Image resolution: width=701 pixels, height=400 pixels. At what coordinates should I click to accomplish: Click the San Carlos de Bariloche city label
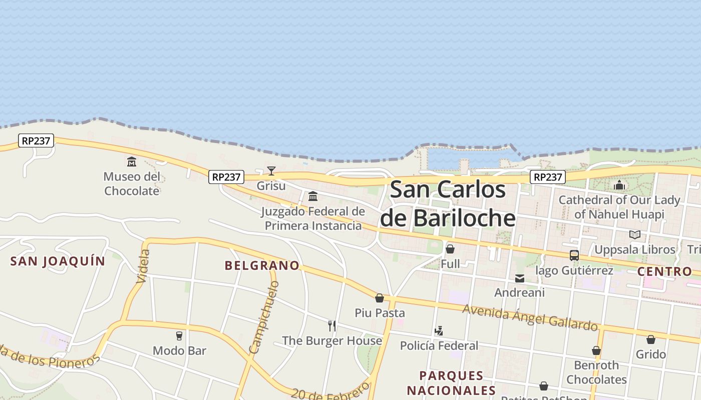pyautogui.click(x=447, y=203)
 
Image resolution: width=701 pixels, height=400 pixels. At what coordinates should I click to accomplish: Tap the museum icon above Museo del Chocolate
pyautogui.click(x=132, y=161)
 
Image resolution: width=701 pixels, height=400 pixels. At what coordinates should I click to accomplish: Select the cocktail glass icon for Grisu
pyautogui.click(x=271, y=171)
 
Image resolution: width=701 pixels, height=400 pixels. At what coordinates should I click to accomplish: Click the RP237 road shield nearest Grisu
pyautogui.click(x=227, y=176)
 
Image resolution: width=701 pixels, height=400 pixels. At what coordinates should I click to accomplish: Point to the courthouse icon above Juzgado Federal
pyautogui.click(x=313, y=196)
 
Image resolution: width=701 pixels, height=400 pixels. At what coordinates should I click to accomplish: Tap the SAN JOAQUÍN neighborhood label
pyautogui.click(x=58, y=261)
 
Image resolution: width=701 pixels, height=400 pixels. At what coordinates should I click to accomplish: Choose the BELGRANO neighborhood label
pyautogui.click(x=262, y=265)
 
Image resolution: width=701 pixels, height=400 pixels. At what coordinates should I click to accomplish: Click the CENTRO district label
pyautogui.click(x=664, y=271)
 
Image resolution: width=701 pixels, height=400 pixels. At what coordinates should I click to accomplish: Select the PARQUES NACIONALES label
pyautogui.click(x=451, y=382)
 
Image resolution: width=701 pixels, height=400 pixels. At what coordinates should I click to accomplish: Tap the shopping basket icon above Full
pyautogui.click(x=450, y=249)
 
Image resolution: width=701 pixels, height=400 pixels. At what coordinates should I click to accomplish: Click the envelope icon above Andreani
pyautogui.click(x=520, y=278)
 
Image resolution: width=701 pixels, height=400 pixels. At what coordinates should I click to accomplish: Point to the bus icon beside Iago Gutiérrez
pyautogui.click(x=574, y=255)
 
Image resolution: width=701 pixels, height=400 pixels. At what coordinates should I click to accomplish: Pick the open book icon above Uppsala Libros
pyautogui.click(x=634, y=234)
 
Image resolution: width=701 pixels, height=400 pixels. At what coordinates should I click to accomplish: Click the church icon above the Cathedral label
pyautogui.click(x=619, y=185)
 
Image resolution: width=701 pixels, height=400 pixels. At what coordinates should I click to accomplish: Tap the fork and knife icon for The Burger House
pyautogui.click(x=331, y=326)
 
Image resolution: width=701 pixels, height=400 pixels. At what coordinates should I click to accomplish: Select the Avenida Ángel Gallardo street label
pyautogui.click(x=530, y=317)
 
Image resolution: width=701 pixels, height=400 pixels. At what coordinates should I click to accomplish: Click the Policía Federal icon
pyautogui.click(x=439, y=330)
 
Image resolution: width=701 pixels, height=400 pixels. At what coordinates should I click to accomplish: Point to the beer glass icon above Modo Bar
pyautogui.click(x=179, y=335)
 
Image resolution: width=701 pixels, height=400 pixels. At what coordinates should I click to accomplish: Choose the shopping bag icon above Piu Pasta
pyautogui.click(x=380, y=298)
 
